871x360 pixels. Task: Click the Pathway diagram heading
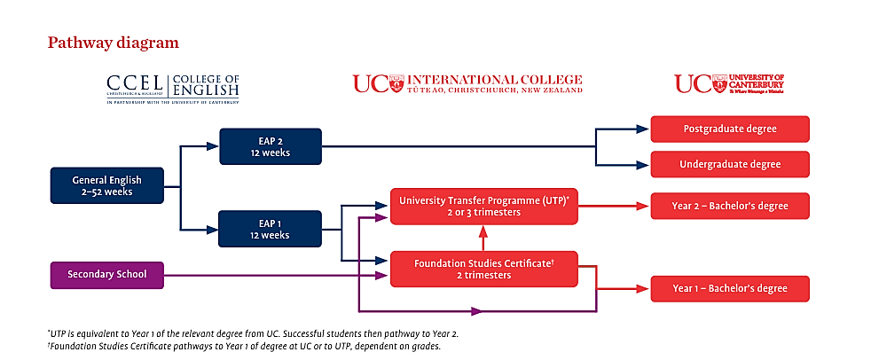click(113, 43)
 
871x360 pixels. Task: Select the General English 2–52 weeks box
click(106, 185)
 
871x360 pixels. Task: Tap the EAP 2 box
click(271, 146)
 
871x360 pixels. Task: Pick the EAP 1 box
click(271, 229)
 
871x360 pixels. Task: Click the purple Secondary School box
click(108, 275)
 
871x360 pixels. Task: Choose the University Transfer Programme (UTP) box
click(483, 206)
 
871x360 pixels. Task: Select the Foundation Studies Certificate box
click(483, 269)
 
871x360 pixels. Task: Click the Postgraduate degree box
click(730, 129)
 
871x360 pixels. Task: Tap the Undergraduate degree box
click(730, 164)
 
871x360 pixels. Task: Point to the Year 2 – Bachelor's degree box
click(730, 206)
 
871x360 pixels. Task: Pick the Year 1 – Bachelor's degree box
click(730, 288)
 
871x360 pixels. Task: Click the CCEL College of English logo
click(172, 89)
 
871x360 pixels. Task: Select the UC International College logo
click(467, 83)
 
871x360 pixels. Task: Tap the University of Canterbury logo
click(729, 83)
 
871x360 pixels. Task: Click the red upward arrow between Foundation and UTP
click(483, 237)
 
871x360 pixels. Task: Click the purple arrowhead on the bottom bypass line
click(477, 311)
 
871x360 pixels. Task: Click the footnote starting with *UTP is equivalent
click(253, 333)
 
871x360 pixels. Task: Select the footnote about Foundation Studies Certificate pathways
click(243, 346)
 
